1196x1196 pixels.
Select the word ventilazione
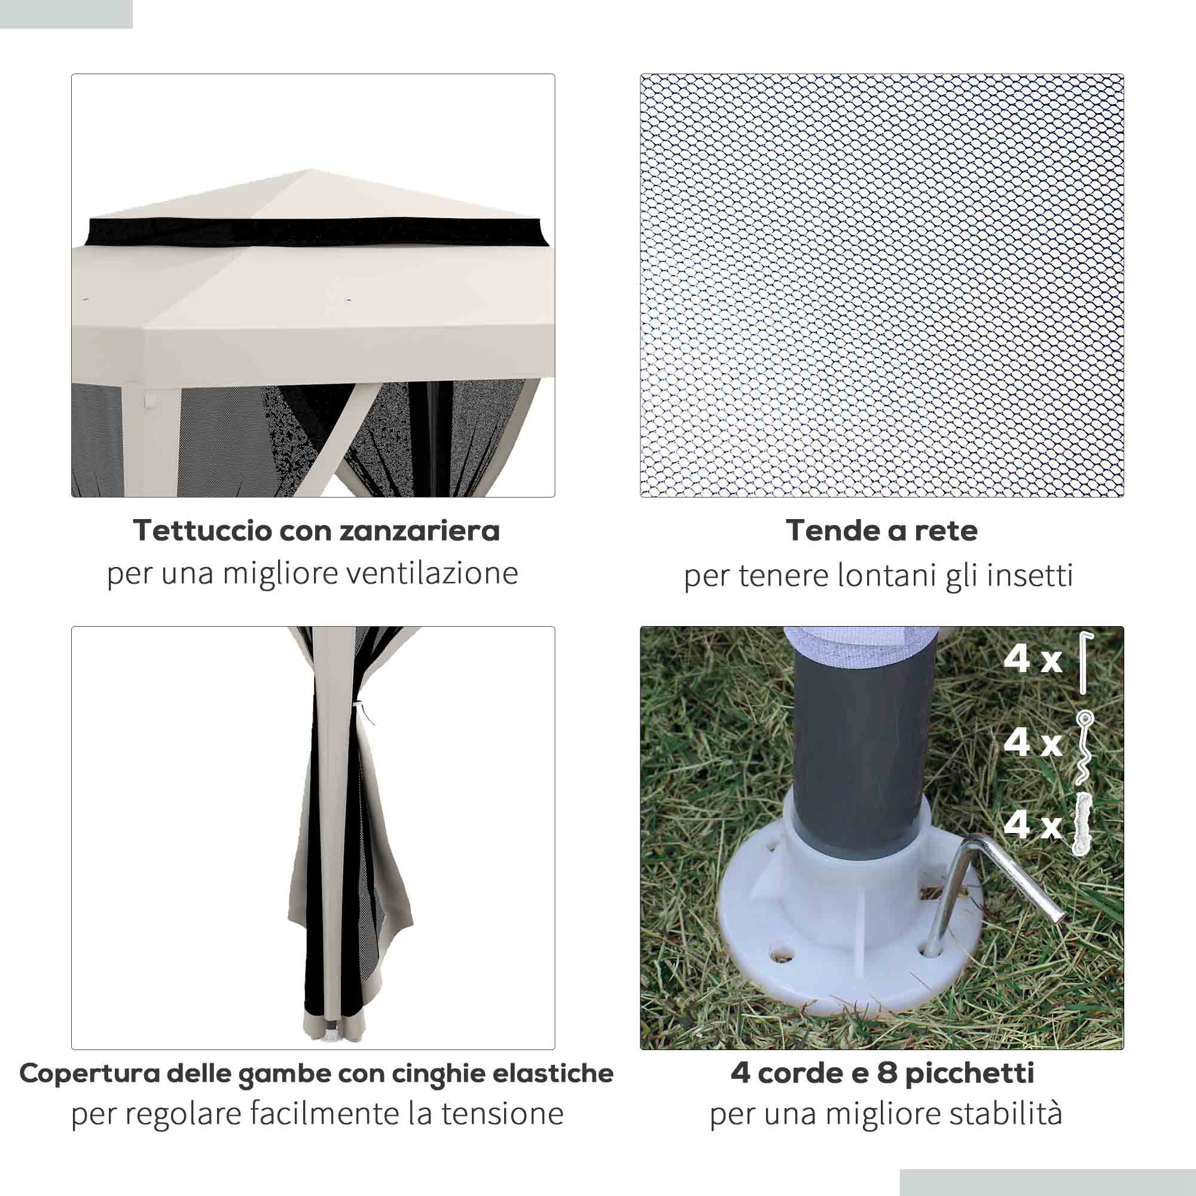[x=432, y=573]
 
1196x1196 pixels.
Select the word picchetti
[x=968, y=1073]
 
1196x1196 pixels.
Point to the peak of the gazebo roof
[x=310, y=170]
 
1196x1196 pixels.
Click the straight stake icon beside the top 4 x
[x=1085, y=663]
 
